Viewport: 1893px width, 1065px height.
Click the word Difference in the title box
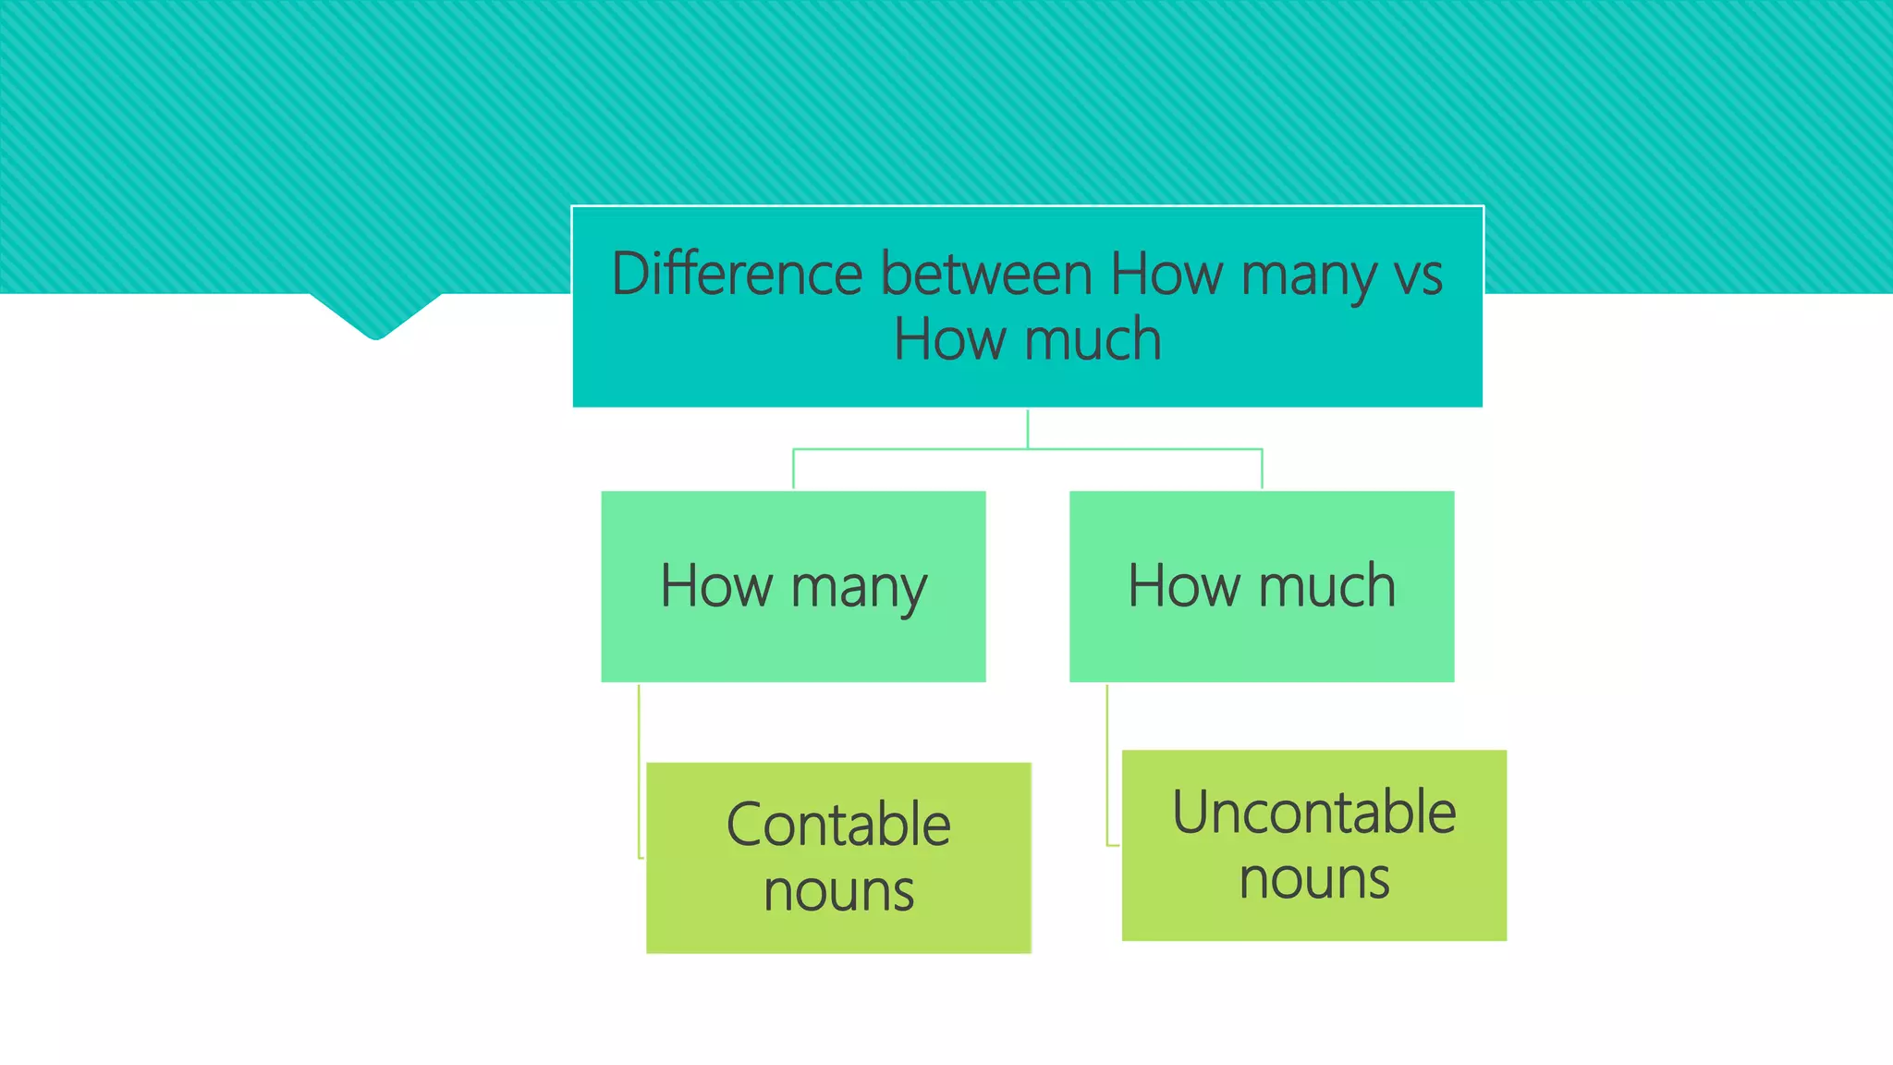(737, 275)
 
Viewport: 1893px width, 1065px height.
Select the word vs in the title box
(1416, 275)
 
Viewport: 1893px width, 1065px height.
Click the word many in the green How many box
(859, 588)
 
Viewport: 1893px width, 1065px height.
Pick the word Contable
(838, 825)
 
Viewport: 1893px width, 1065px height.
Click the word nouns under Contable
(838, 891)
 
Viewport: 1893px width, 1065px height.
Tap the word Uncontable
(1313, 813)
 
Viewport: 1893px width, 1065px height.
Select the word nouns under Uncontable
(1313, 879)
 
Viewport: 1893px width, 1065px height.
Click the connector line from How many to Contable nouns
(639, 772)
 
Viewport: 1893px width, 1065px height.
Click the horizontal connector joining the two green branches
(910, 449)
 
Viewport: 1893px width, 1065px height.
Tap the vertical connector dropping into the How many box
(793, 470)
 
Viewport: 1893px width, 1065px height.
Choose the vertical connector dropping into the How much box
(1262, 470)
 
